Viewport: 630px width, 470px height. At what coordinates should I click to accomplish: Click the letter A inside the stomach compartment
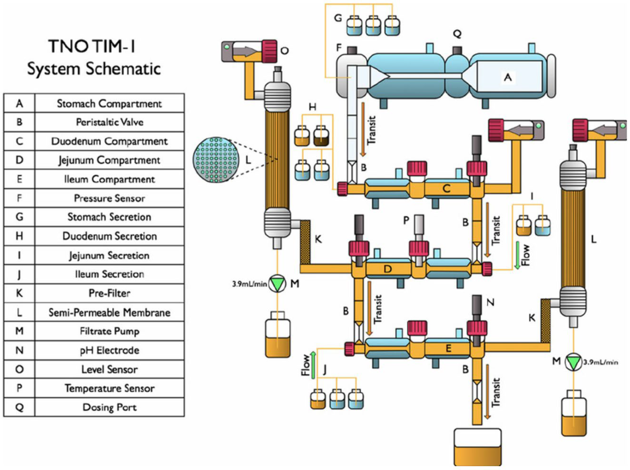[x=508, y=77]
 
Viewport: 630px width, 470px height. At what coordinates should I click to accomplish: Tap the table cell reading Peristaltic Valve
[x=109, y=122]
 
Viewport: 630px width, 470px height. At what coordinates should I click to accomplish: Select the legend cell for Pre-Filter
[x=109, y=293]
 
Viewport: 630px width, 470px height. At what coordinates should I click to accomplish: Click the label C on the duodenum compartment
[x=446, y=188]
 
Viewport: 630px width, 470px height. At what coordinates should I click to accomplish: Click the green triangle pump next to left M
[x=277, y=283]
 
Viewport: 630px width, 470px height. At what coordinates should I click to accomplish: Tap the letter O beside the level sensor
[x=284, y=51]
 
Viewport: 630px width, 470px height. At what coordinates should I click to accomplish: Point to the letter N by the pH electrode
[x=490, y=302]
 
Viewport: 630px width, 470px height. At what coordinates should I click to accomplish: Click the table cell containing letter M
[x=19, y=331]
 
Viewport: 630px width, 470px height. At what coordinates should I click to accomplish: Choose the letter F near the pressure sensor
[x=339, y=48]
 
